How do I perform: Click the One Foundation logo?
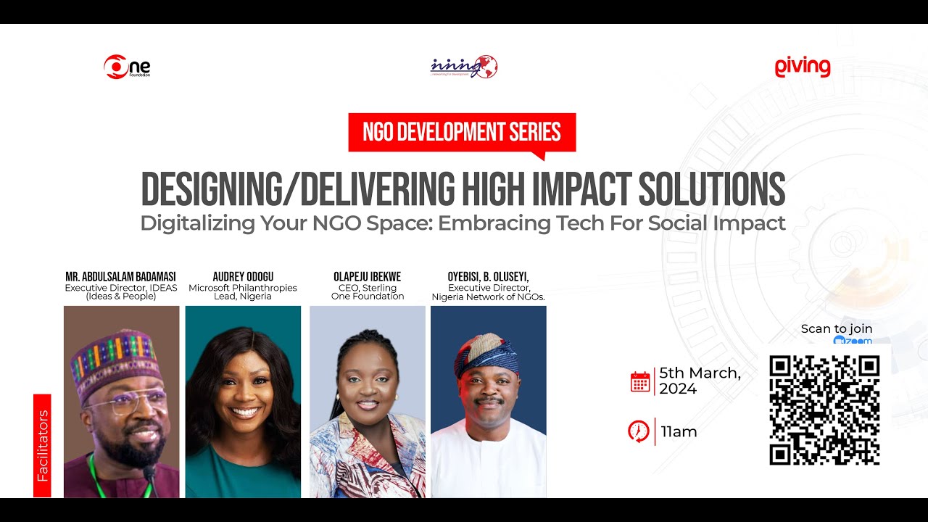pyautogui.click(x=127, y=67)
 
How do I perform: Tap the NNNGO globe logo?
pyautogui.click(x=464, y=67)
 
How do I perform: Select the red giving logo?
pyautogui.click(x=802, y=67)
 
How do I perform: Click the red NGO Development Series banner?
pyautogui.click(x=462, y=132)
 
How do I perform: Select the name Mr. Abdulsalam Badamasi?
pyautogui.click(x=120, y=277)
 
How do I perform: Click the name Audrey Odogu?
pyautogui.click(x=243, y=277)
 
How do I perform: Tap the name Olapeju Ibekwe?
pyautogui.click(x=367, y=277)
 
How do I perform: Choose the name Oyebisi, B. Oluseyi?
pyautogui.click(x=488, y=277)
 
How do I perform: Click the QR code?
pyautogui.click(x=824, y=410)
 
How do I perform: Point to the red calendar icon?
pyautogui.click(x=640, y=382)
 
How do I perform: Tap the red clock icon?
pyautogui.click(x=639, y=431)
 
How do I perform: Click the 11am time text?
pyautogui.click(x=679, y=432)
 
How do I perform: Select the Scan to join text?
pyautogui.click(x=836, y=329)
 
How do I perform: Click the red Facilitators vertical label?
pyautogui.click(x=42, y=446)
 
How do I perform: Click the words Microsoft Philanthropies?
pyautogui.click(x=243, y=288)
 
